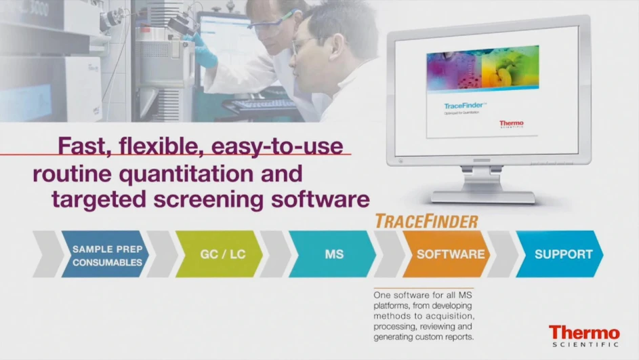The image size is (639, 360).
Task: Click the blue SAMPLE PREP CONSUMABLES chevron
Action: (107, 255)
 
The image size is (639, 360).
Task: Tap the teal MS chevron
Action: (334, 255)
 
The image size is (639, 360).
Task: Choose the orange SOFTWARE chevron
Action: (450, 255)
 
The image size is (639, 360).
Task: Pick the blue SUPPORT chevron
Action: (562, 255)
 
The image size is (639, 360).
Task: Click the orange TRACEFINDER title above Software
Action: (426, 221)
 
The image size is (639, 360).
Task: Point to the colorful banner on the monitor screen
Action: (482, 68)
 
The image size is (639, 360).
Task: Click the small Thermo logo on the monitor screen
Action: (511, 125)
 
